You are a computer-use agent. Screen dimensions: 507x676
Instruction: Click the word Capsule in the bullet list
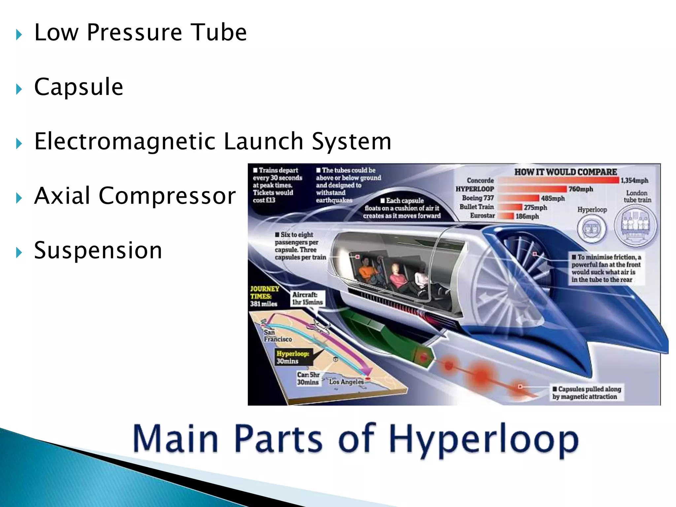point(79,87)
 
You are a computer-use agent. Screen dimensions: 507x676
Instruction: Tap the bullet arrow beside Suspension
point(19,253)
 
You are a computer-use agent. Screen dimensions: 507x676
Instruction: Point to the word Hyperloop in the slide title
point(483,440)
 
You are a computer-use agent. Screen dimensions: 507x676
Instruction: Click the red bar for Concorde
point(558,180)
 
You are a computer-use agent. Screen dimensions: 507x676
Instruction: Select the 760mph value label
point(581,189)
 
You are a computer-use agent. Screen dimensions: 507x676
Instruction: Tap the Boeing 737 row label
point(478,198)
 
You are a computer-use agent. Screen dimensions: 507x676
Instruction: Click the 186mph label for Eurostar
point(527,217)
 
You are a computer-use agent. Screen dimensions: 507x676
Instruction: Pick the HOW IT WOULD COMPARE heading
point(565,172)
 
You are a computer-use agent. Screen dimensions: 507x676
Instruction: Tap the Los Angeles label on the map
point(346,382)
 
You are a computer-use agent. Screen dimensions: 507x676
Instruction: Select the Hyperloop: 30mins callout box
point(293,357)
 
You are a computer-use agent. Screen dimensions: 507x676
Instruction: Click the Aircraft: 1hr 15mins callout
point(307,298)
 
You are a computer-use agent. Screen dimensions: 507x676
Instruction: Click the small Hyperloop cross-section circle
point(592,228)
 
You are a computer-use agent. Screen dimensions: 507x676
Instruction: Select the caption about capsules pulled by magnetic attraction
point(587,393)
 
